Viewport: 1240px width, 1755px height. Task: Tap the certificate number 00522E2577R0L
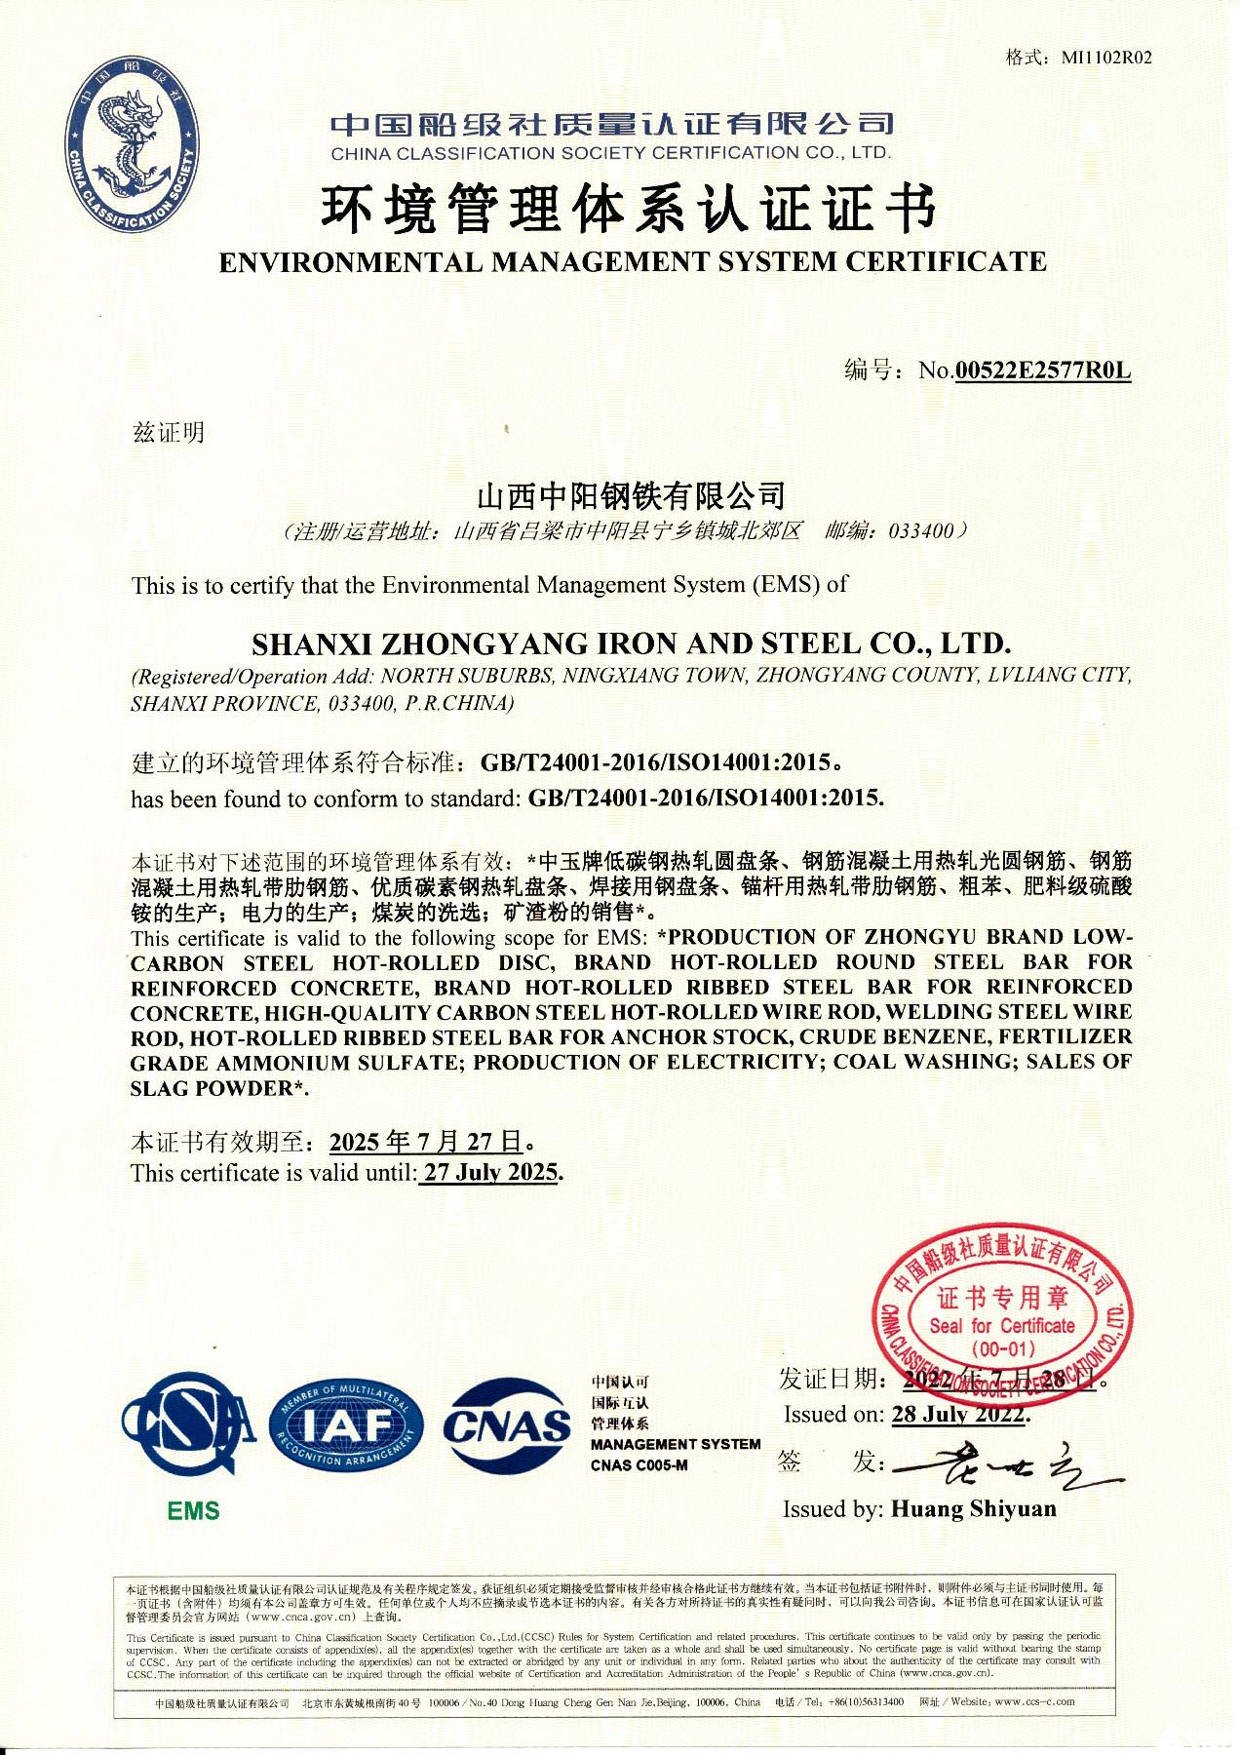1042,370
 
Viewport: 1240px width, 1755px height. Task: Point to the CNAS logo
507,1426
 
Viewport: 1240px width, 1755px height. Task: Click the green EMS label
193,1511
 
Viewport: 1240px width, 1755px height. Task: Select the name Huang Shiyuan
973,1509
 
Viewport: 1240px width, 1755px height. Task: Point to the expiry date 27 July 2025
491,1172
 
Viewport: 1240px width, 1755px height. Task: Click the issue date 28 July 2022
959,1414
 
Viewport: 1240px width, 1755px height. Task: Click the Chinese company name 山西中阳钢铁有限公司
630,496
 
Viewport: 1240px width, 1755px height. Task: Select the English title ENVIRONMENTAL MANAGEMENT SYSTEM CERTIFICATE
632,261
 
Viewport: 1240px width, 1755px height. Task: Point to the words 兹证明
169,432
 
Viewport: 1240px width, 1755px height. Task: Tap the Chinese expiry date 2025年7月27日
427,1142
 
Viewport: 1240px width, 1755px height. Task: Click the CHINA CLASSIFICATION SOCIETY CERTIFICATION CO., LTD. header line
610,153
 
